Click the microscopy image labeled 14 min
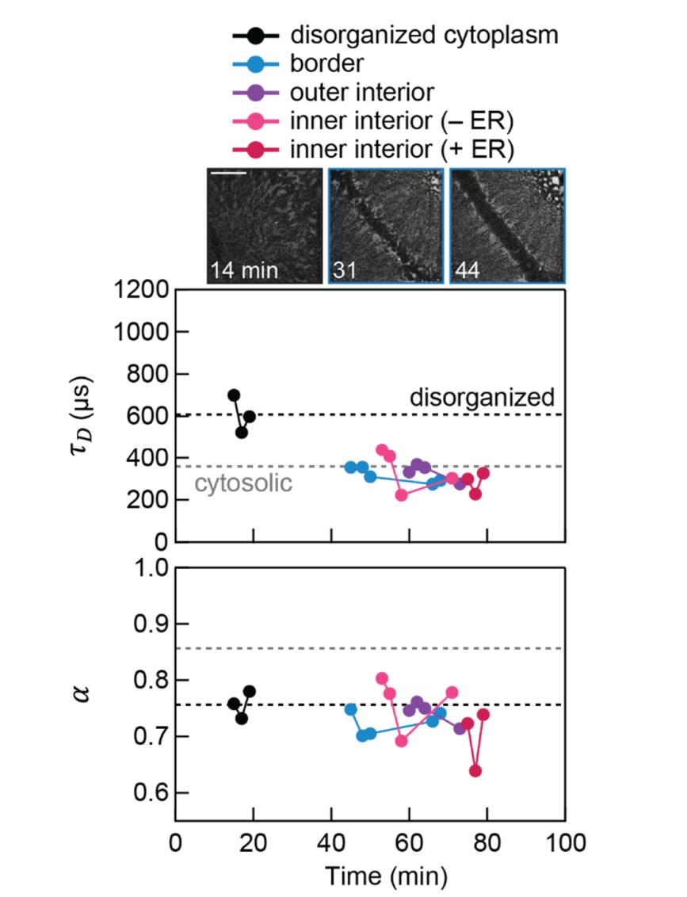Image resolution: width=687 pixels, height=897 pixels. tap(265, 226)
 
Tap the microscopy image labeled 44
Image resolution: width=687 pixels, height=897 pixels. tap(508, 226)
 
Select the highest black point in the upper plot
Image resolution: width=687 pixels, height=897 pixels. tap(234, 395)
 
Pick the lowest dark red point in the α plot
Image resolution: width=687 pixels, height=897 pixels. tap(475, 771)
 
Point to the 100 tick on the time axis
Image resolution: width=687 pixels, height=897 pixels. tap(565, 842)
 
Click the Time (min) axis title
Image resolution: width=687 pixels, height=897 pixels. tap(386, 876)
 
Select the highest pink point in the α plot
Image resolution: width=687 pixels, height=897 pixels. tap(382, 678)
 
